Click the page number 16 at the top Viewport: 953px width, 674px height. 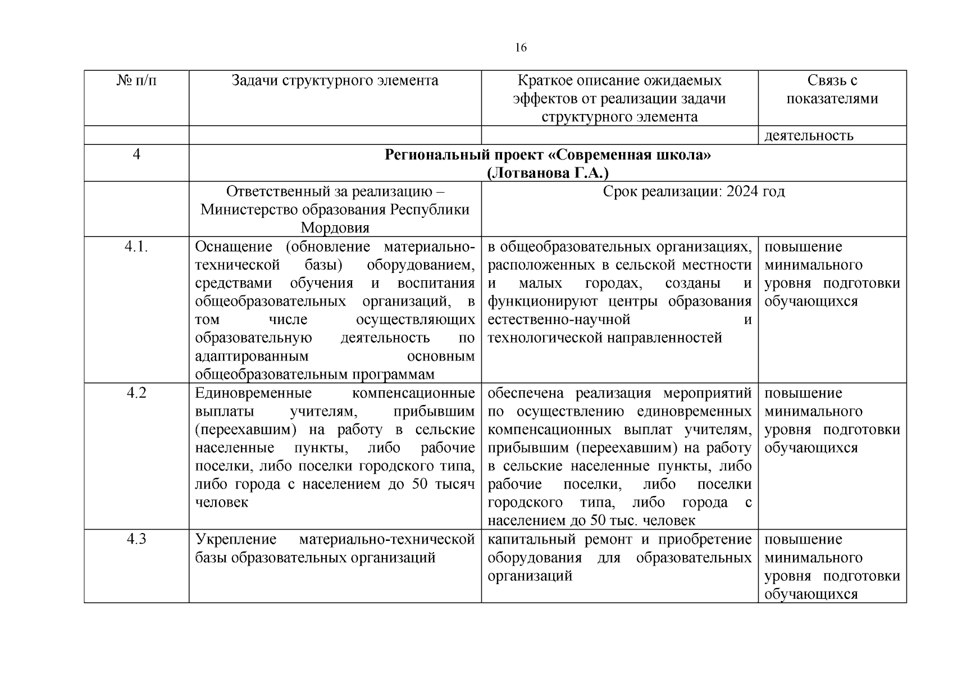[x=521, y=48]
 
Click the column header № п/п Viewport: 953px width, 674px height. [x=136, y=81]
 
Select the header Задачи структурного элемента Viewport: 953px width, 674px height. [x=335, y=81]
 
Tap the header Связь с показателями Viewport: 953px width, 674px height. [x=832, y=90]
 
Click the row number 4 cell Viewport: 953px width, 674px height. [x=136, y=154]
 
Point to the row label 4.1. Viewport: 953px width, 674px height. [x=136, y=247]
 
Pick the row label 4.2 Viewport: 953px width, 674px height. [x=136, y=393]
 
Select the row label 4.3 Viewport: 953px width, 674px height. [x=136, y=539]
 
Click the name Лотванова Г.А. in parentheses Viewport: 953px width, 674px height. [x=548, y=172]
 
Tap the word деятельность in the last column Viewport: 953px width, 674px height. [x=809, y=135]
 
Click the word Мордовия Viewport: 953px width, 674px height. [x=335, y=228]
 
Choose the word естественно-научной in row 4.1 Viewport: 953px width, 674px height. [x=559, y=320]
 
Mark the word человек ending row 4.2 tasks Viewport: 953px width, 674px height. [x=221, y=502]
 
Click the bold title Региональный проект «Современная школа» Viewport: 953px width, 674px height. [x=548, y=154]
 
